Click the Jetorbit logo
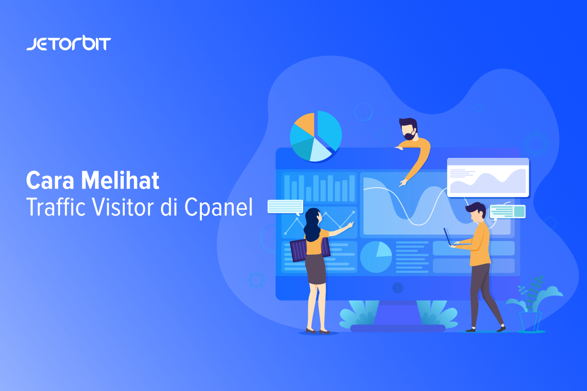tap(68, 43)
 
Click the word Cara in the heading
tap(50, 180)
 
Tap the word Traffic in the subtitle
tap(56, 207)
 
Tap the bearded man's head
tap(408, 129)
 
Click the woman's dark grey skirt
tap(316, 268)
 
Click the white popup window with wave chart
tap(488, 177)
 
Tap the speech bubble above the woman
tap(285, 207)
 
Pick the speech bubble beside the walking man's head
tap(507, 212)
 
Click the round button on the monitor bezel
tap(398, 288)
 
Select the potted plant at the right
tap(533, 305)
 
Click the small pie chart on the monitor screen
tap(376, 257)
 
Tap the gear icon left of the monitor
tap(256, 280)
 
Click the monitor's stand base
tap(398, 328)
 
